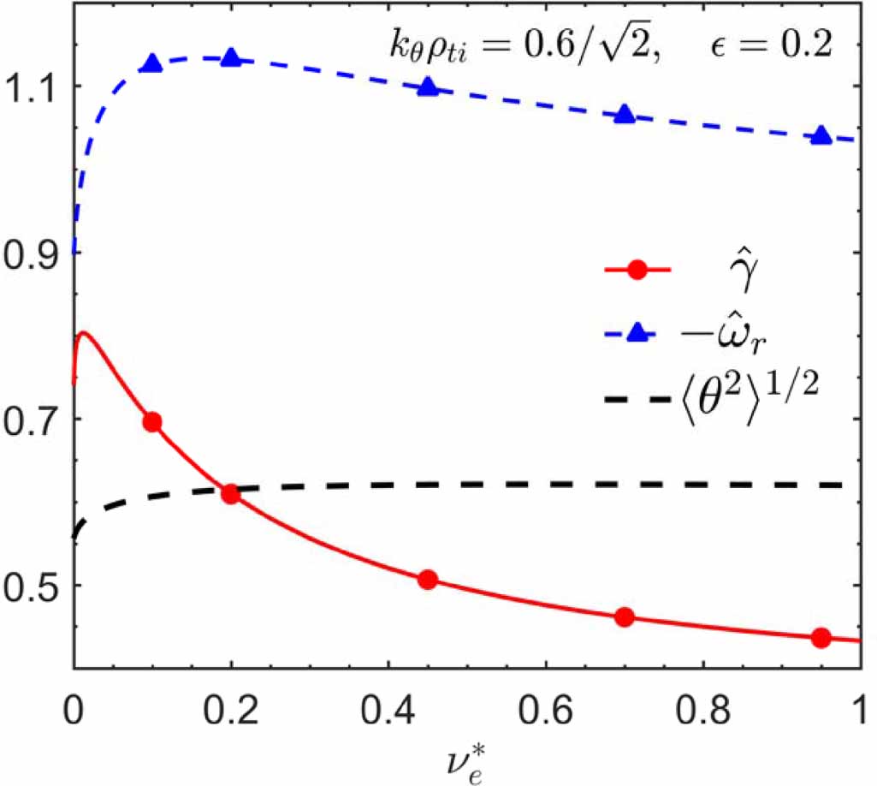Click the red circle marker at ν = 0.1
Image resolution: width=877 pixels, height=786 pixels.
coord(152,421)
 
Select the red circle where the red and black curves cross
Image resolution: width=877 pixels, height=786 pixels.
coord(230,494)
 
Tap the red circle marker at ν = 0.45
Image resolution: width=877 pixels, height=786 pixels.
coord(429,580)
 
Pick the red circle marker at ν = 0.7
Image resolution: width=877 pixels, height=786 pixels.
coord(625,616)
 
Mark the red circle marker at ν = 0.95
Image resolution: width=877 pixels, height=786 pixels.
coord(821,637)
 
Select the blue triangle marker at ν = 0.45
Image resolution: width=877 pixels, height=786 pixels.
coord(429,86)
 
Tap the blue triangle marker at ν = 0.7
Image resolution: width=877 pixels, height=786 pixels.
coord(625,115)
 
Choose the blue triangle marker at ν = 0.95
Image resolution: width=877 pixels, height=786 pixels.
coord(821,136)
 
